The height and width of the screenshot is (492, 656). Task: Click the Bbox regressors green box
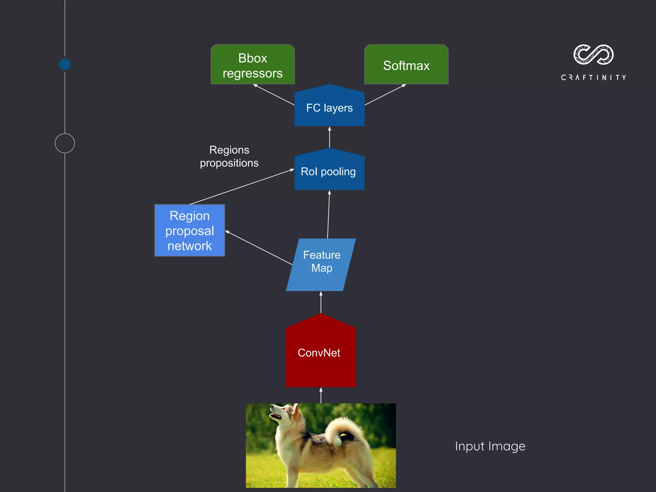coord(252,65)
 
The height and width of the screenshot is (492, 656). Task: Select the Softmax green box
coord(406,65)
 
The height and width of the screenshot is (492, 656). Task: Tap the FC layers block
coord(329,108)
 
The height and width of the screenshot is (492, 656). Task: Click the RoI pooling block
coord(329,171)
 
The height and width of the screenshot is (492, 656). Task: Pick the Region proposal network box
coord(190,231)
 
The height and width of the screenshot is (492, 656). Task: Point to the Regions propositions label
coord(229,156)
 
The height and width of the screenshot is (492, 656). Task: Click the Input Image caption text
coord(490,446)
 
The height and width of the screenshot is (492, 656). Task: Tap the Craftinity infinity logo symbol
coord(593,54)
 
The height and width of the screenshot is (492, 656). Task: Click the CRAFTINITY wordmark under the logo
coord(593,78)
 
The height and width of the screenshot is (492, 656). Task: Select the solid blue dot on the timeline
coord(65,64)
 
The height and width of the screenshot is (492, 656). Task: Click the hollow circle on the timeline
coord(65,143)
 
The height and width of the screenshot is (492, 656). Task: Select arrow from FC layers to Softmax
coord(385,94)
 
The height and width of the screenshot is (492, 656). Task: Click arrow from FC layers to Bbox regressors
coord(274,95)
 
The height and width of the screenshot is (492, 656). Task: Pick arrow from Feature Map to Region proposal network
coord(259,248)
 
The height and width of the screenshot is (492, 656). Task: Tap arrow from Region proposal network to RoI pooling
coord(242,187)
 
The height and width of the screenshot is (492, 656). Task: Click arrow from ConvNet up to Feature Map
coord(321,302)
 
